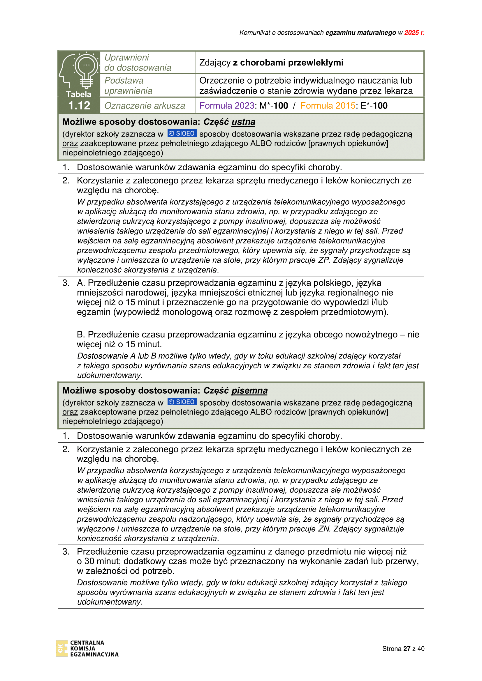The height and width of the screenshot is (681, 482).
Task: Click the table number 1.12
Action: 79,106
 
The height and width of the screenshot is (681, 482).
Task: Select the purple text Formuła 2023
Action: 227,106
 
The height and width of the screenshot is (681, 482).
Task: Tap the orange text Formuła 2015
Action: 328,106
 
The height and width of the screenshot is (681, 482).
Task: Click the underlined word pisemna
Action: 249,391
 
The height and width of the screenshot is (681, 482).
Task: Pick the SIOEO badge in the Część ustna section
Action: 182,133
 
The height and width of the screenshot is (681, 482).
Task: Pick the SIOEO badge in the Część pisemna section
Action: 182,402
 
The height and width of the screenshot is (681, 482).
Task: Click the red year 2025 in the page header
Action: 412,33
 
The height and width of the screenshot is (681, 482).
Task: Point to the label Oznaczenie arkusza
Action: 145,106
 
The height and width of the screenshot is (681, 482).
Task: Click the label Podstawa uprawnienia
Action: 128,86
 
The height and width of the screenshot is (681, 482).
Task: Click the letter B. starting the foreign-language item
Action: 81,335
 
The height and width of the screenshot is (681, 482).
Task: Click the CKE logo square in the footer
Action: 62,648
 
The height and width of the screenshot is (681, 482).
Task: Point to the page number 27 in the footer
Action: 407,649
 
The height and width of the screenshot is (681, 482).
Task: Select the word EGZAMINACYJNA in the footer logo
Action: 94,654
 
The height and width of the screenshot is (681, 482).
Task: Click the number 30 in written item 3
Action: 89,561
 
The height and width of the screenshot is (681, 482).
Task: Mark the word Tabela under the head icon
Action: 79,94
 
